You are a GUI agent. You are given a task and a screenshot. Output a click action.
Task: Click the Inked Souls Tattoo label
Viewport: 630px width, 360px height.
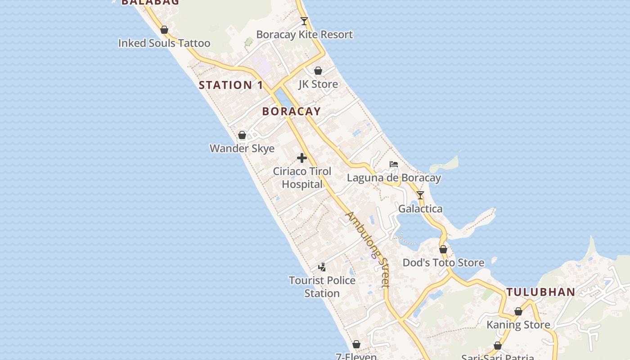[x=164, y=43]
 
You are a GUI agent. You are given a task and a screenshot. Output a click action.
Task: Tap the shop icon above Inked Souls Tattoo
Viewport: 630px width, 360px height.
[x=164, y=30]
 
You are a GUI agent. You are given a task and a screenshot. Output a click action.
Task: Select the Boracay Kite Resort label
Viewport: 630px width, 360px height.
[x=304, y=35]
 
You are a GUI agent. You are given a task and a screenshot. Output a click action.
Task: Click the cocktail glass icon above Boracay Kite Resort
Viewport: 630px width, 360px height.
[x=304, y=21]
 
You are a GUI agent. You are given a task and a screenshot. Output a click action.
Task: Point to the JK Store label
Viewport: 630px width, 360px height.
[x=318, y=84]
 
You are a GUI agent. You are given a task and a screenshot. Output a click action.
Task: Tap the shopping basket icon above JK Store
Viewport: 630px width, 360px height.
[x=318, y=71]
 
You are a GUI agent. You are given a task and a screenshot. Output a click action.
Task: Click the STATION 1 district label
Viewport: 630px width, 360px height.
[x=231, y=85]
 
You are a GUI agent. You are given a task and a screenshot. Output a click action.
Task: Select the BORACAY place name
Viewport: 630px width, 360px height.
[x=292, y=111]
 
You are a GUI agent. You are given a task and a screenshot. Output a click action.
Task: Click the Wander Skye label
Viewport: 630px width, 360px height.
[x=242, y=148]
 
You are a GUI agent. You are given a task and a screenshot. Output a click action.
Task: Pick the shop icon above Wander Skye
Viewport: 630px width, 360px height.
[x=242, y=135]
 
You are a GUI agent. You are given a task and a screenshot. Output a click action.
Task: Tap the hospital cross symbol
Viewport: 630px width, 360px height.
[x=302, y=158]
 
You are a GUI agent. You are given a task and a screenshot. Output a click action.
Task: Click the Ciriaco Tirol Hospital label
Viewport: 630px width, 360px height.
[x=302, y=178]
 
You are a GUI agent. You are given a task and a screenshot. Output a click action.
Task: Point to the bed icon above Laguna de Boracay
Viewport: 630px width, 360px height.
[x=394, y=164]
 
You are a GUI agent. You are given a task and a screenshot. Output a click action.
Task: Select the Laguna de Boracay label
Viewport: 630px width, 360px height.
[x=394, y=178]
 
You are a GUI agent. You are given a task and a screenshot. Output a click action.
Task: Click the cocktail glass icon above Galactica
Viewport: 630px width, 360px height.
[x=420, y=195]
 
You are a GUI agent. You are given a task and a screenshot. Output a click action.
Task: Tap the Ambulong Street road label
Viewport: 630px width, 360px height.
[x=367, y=249]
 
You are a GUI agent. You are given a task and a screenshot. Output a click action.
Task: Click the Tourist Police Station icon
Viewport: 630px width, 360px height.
[x=322, y=267]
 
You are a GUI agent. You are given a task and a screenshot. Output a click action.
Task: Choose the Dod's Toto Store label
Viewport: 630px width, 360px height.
[x=443, y=263]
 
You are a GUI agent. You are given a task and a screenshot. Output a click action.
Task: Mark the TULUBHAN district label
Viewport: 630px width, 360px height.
[x=540, y=292]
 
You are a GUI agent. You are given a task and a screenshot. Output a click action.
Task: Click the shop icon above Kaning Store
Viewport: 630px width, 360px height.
[x=518, y=311]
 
